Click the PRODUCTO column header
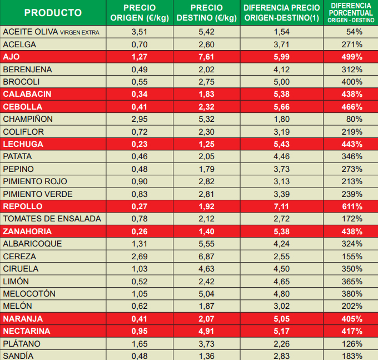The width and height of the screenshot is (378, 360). tap(53, 13)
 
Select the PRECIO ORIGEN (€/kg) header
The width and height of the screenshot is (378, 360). tap(139, 13)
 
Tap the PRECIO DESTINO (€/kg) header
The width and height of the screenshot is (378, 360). tap(206, 13)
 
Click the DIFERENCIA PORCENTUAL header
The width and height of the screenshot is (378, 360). tap(351, 12)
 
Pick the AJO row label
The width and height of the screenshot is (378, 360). tap(12, 57)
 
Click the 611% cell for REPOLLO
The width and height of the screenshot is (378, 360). tap(351, 206)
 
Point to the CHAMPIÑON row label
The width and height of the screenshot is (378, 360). tap(28, 119)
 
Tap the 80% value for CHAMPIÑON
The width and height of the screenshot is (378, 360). tap(354, 119)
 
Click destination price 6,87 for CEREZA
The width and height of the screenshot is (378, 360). tap(206, 257)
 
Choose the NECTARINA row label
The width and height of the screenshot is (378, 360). tap(27, 331)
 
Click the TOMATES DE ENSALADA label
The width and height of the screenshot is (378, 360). tap(52, 219)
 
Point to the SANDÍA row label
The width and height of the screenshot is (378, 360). tap(18, 356)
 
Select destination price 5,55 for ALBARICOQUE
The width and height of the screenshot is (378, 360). tap(206, 244)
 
